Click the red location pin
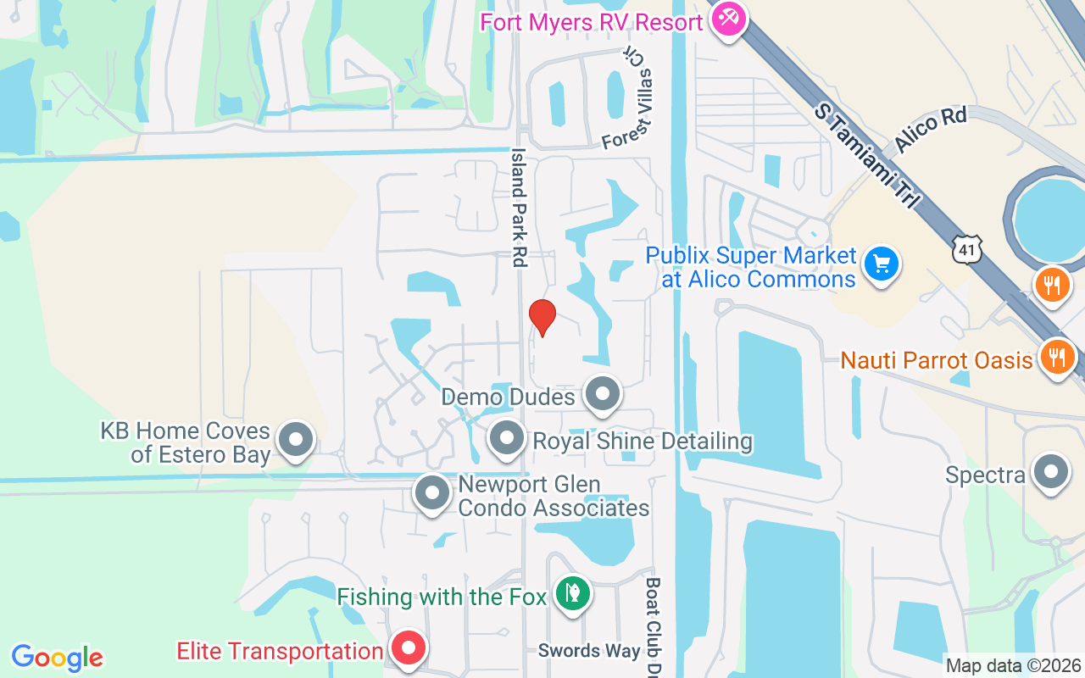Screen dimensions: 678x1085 (542, 317)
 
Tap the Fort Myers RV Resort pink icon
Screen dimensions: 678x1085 (727, 17)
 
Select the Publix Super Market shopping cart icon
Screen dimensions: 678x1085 (881, 264)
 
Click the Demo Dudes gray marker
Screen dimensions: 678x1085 (604, 394)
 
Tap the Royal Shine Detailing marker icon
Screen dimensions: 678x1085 (508, 439)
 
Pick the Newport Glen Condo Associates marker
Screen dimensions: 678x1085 (432, 492)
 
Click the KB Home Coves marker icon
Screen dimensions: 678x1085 (296, 440)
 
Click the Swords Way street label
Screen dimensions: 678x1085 (589, 651)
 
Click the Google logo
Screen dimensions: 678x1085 (58, 658)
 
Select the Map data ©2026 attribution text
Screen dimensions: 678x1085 (1013, 666)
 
